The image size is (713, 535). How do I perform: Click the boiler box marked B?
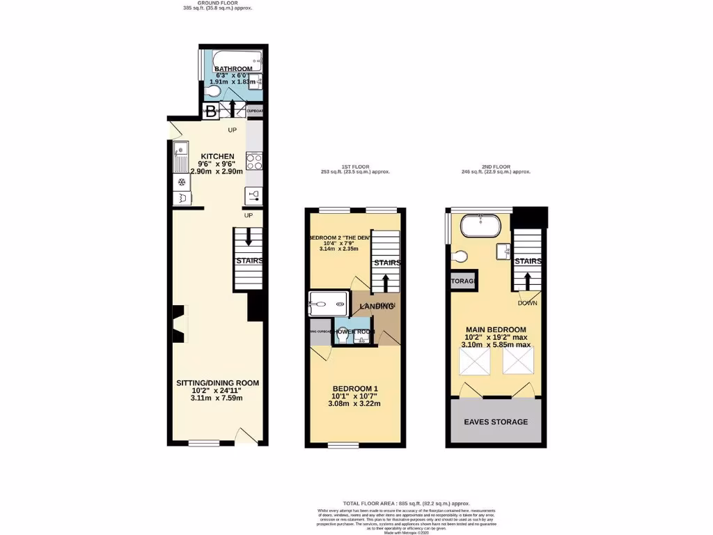click(210, 110)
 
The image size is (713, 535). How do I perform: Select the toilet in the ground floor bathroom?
click(214, 91)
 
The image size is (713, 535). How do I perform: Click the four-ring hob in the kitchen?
click(254, 162)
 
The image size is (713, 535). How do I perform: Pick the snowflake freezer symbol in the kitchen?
click(182, 183)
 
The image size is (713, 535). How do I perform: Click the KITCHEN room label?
click(217, 156)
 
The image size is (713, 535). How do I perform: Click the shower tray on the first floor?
click(328, 304)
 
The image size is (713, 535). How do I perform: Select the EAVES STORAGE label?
click(496, 422)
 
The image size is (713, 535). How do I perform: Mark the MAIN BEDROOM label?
click(496, 329)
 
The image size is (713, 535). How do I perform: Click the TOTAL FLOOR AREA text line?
click(406, 503)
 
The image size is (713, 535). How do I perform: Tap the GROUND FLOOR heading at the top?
click(217, 3)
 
